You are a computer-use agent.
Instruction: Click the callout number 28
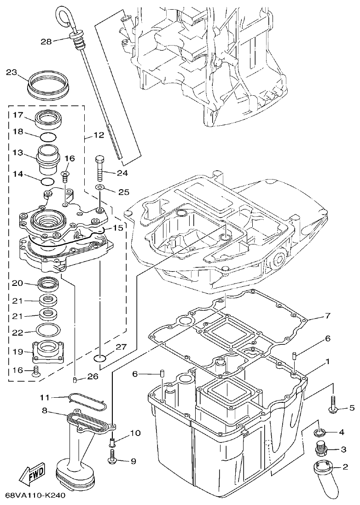point(46,41)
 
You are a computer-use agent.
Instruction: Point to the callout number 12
point(99,136)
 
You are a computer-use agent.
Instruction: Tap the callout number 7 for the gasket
point(327,316)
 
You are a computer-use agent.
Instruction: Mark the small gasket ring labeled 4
point(319,432)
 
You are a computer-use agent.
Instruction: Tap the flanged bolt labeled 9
point(112,457)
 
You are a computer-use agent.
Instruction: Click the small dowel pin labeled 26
point(75,379)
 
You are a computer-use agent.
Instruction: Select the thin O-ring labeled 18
point(47,136)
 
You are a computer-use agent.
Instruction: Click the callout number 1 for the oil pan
point(327,362)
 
